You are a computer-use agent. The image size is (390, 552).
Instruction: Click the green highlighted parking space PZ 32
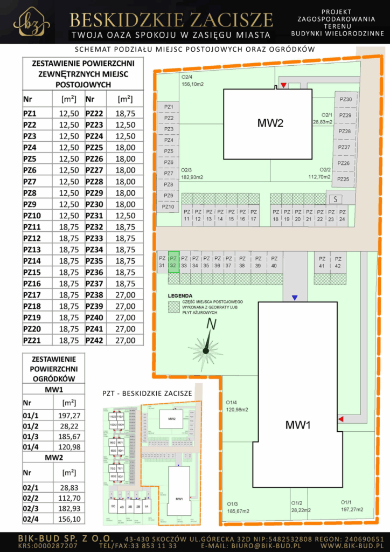coord(173,261)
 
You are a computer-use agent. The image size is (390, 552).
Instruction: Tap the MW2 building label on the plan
coord(270,123)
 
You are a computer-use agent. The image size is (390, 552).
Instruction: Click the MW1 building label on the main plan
coord(298,425)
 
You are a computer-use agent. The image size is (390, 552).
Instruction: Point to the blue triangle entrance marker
coord(294,298)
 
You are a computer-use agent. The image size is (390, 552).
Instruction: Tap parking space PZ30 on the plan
coord(345,99)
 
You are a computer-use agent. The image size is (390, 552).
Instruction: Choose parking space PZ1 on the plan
coord(169,107)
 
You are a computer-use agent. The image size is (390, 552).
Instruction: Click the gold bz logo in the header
coord(31,22)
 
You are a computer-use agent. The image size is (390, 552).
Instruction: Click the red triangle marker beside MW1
coord(340,419)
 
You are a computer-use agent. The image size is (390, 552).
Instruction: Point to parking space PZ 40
coord(274,261)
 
